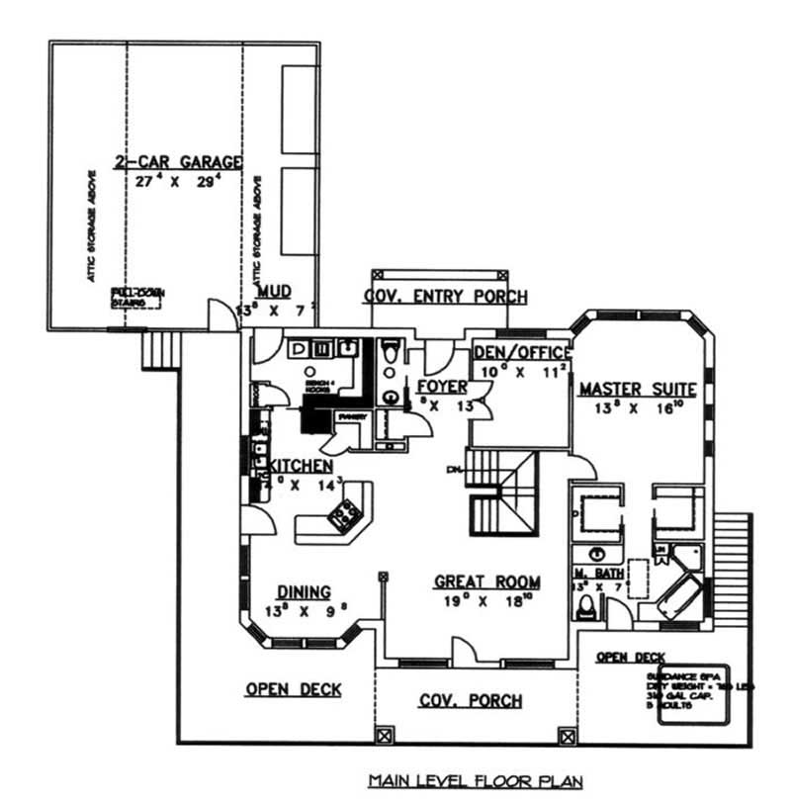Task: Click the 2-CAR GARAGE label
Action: [178, 161]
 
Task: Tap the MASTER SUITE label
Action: [638, 389]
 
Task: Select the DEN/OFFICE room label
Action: [522, 353]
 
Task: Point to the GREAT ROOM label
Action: [486, 581]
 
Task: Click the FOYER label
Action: [441, 386]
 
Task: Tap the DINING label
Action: [303, 591]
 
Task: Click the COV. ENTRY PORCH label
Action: [445, 297]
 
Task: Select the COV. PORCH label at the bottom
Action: [471, 701]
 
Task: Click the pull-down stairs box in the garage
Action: [136, 297]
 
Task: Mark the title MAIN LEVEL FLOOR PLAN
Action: [476, 781]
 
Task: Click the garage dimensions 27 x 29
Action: [178, 182]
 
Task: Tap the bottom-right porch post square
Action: [567, 736]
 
